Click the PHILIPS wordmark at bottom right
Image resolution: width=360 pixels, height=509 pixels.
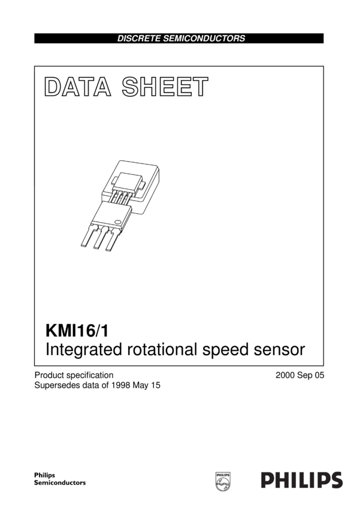(301, 480)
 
